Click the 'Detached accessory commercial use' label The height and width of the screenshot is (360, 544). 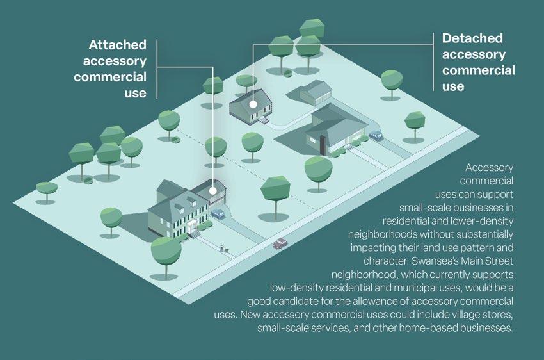tap(478, 62)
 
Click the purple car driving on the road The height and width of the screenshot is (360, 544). tap(280, 243)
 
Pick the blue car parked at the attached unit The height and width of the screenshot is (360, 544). tap(219, 213)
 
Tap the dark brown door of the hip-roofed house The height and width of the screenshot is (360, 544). tap(322, 145)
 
